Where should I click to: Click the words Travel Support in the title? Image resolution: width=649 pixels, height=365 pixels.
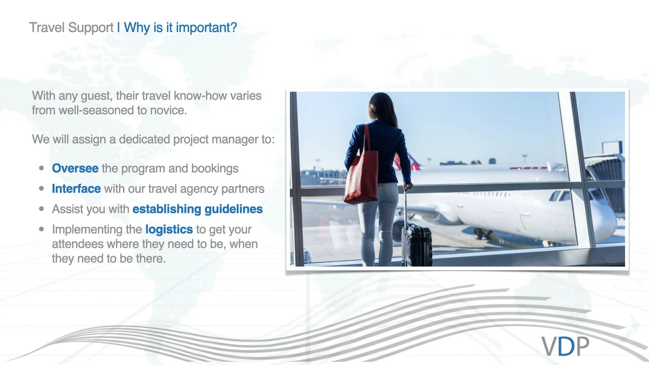pos(71,27)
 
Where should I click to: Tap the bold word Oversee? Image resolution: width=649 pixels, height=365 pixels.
pos(75,168)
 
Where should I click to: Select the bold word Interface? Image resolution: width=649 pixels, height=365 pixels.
pos(76,189)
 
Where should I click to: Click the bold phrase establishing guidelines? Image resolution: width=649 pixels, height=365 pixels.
pos(197,209)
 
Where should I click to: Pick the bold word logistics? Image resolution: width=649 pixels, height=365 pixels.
pos(169,229)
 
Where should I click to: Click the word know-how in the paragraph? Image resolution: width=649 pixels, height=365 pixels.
pos(204,95)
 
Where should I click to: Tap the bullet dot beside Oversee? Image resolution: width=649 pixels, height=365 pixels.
pos(42,168)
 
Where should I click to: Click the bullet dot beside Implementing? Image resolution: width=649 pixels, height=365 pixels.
pos(42,229)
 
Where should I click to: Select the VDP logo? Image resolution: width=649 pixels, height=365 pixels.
pos(565,346)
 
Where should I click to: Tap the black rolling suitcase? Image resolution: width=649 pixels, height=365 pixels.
pos(417,245)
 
